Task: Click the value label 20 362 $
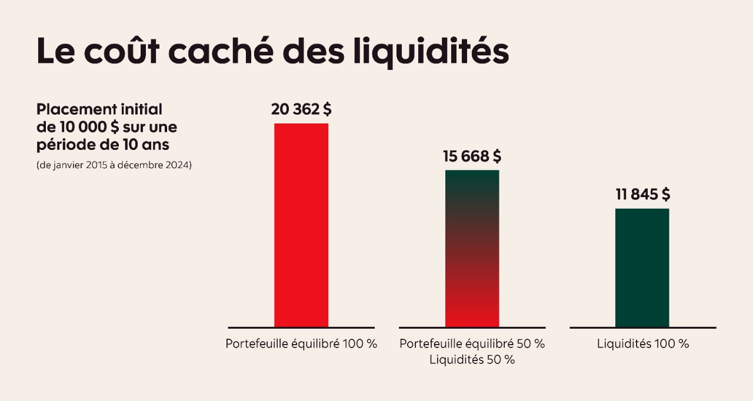tap(301, 109)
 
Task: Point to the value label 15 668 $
tap(472, 156)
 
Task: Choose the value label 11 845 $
tap(642, 195)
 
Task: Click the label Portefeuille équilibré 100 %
tap(301, 344)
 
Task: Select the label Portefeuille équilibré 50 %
tap(472, 344)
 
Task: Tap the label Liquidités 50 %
tap(472, 360)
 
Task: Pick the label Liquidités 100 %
tap(642, 344)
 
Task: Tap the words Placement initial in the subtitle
tap(99, 110)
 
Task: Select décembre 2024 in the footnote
tap(154, 165)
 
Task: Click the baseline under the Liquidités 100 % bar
tap(642, 328)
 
